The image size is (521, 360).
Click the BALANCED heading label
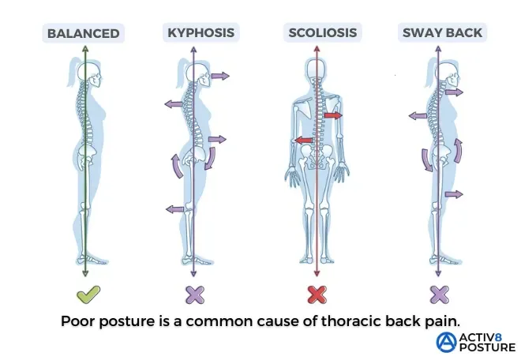[x=83, y=33]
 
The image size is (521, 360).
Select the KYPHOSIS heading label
[x=201, y=32]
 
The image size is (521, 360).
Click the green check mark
[x=87, y=295]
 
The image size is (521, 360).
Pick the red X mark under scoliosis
[x=317, y=295]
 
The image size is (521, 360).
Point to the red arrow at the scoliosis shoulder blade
[x=332, y=115]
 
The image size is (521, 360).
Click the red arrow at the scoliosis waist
[x=301, y=141]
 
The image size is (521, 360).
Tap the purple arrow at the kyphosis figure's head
[x=219, y=76]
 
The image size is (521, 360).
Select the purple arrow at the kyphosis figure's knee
[x=175, y=208]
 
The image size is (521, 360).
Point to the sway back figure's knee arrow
[x=453, y=193]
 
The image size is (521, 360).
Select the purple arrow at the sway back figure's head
[x=453, y=92]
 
